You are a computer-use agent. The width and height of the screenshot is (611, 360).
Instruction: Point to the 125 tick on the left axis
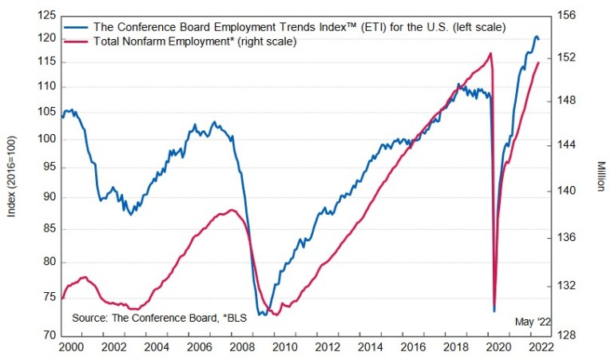48,15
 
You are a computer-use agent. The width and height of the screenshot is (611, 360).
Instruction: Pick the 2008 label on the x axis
241,347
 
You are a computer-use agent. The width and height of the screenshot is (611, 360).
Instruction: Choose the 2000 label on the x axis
70,347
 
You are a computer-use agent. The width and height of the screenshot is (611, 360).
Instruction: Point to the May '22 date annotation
533,321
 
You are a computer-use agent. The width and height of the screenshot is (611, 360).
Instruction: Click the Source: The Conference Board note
159,318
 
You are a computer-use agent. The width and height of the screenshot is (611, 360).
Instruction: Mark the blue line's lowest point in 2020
494,310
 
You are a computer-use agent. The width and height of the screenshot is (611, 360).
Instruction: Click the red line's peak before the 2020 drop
490,53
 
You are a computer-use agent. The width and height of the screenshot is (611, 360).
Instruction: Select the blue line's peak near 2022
536,37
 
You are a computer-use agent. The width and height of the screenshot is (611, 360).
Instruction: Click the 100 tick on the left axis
48,139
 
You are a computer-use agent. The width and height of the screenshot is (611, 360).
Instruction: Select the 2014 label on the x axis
369,347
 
